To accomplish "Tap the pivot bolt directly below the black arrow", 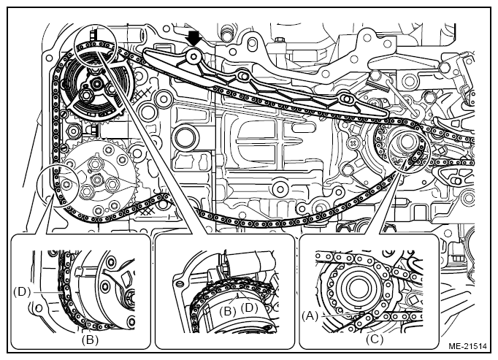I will [x=193, y=55].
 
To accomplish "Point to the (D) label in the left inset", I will [x=21, y=291].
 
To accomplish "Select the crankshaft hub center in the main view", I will [x=399, y=143].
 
